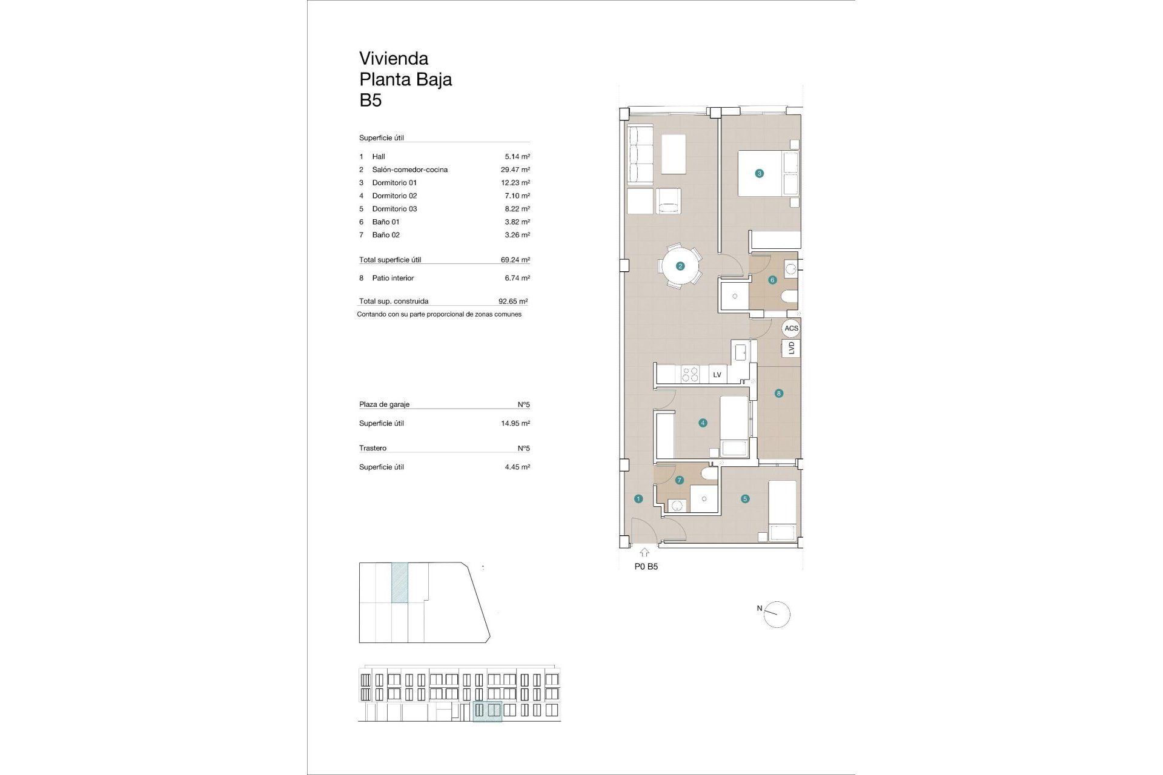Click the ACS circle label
[x=791, y=328]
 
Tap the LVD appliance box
[x=791, y=348]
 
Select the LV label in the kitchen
[x=717, y=375]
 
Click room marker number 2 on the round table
[x=680, y=266]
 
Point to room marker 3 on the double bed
[x=759, y=173]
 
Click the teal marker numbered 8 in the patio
[x=779, y=393]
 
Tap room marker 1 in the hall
[x=638, y=499]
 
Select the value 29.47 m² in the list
[x=515, y=170]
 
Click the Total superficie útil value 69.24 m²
[x=515, y=260]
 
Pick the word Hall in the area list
[x=379, y=157]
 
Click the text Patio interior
[x=393, y=279]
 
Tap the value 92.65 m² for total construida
[x=512, y=301]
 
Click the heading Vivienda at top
[x=394, y=59]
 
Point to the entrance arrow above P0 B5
[x=644, y=552]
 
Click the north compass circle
[x=777, y=615]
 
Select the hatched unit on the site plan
[x=400, y=582]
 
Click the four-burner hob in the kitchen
[x=690, y=374]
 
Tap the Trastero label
[x=373, y=448]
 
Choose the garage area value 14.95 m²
[x=515, y=423]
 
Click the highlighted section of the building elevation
[x=487, y=711]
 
